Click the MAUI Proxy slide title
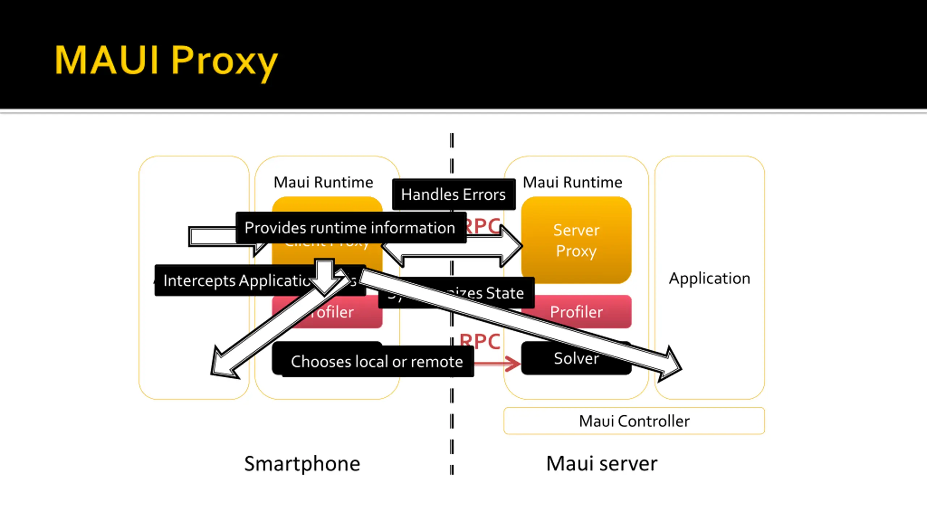click(166, 60)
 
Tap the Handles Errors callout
click(453, 195)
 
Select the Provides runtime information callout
click(350, 228)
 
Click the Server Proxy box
click(576, 240)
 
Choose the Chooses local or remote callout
click(377, 361)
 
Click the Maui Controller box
click(634, 421)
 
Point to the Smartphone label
click(302, 464)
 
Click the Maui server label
click(601, 464)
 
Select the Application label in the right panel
click(709, 279)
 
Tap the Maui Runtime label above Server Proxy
click(572, 182)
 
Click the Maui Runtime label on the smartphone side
click(323, 182)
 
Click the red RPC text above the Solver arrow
click(480, 342)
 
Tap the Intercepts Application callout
click(235, 281)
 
